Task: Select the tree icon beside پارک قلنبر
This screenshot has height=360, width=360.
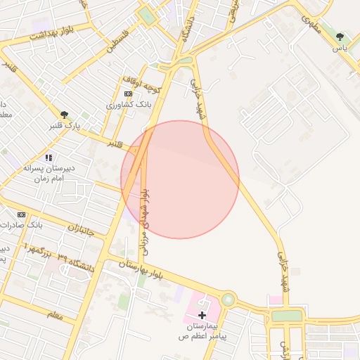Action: coord(65,115)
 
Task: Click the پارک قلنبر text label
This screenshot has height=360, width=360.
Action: coord(64,127)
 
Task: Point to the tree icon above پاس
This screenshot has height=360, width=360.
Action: coord(340,36)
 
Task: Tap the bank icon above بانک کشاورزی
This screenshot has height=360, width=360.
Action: coord(128,93)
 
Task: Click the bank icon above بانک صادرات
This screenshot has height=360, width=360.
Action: coord(21,214)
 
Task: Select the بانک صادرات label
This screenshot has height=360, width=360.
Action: coord(44,225)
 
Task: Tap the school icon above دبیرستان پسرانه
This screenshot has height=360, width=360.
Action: coord(49,157)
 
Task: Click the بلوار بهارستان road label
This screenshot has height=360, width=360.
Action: coord(141,264)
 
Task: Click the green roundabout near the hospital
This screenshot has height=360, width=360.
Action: coord(228,300)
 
